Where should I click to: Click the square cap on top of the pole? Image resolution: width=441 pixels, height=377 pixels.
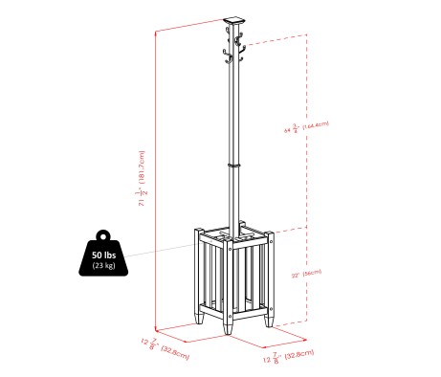pos(232,19)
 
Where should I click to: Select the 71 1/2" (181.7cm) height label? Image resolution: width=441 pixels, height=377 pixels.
pos(142,178)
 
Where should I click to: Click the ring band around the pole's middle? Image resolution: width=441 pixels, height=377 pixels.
pos(232,165)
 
